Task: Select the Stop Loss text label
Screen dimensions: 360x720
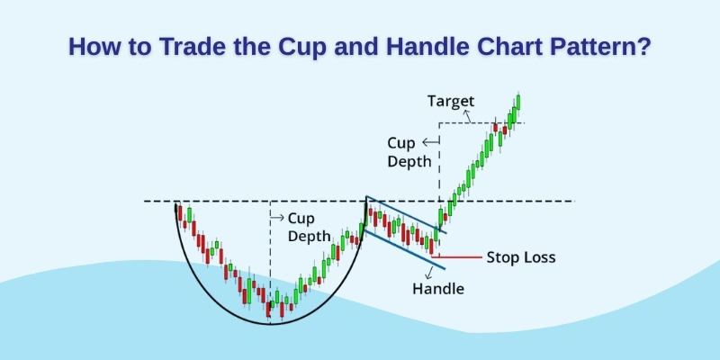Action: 521,257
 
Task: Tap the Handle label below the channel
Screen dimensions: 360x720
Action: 438,289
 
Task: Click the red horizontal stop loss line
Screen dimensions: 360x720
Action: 459,257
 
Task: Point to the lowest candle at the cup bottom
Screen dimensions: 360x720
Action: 268,310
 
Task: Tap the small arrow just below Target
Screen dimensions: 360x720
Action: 467,115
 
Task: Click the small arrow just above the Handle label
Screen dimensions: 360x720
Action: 430,273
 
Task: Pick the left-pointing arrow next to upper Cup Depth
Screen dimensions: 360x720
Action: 429,142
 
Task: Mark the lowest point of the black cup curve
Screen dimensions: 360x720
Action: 270,323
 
